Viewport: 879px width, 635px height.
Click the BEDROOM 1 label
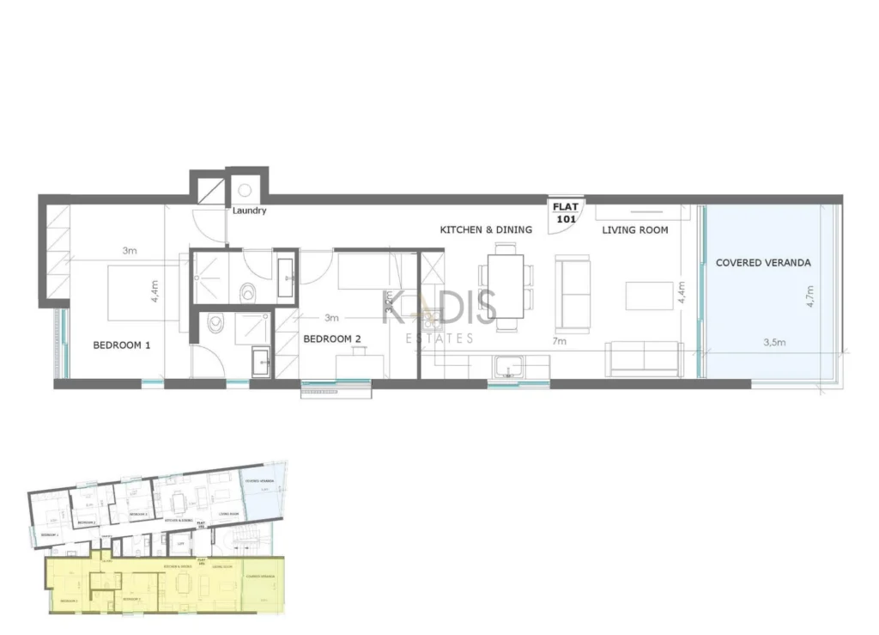point(122,345)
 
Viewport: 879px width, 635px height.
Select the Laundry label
point(249,211)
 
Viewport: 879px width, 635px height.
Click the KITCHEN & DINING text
point(486,229)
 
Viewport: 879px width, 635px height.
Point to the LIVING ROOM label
point(634,229)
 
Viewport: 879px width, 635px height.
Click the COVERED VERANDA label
point(763,262)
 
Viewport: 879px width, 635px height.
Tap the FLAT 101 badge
point(566,212)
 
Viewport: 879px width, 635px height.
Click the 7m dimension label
point(559,342)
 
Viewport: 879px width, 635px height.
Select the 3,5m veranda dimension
point(774,342)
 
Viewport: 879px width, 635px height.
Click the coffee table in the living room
point(649,296)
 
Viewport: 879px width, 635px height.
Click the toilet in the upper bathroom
point(250,291)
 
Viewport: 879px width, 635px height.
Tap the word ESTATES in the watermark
point(439,338)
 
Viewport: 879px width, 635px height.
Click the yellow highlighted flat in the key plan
point(163,584)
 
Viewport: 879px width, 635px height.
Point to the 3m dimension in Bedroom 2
point(331,317)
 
